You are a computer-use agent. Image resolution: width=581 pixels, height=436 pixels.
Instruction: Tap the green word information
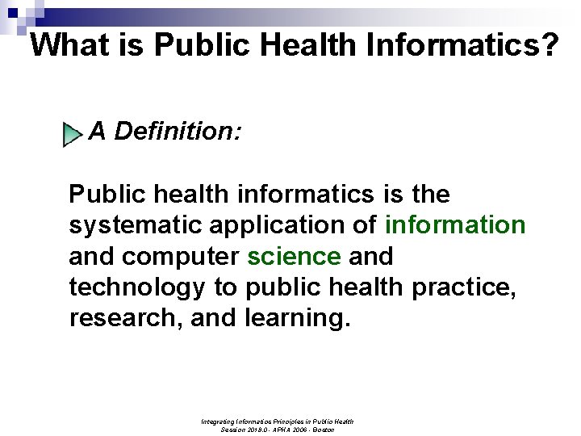(456, 225)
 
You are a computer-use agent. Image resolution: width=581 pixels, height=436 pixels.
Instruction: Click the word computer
(180, 257)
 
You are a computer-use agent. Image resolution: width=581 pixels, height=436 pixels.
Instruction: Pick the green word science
(295, 257)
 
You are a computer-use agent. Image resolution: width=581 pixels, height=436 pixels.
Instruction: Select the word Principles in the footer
(291, 421)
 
